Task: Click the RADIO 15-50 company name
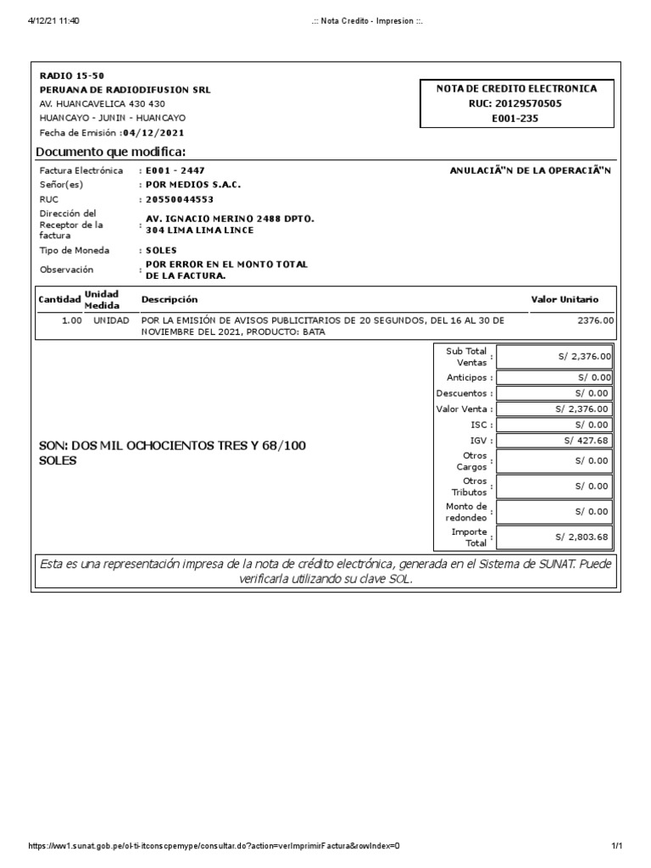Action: (72, 76)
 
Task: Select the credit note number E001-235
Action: (515, 119)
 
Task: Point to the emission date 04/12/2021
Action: (153, 133)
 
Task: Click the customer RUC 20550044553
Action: (180, 199)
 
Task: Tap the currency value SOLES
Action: (161, 251)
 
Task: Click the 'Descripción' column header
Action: (170, 299)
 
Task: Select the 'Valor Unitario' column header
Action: (565, 299)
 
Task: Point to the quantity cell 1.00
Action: (71, 321)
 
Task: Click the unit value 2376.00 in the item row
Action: (595, 321)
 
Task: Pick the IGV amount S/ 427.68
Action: (586, 441)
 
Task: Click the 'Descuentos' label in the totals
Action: (461, 393)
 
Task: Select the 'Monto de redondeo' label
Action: (465, 512)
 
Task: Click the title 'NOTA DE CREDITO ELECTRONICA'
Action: (516, 88)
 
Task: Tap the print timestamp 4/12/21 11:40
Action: (53, 21)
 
